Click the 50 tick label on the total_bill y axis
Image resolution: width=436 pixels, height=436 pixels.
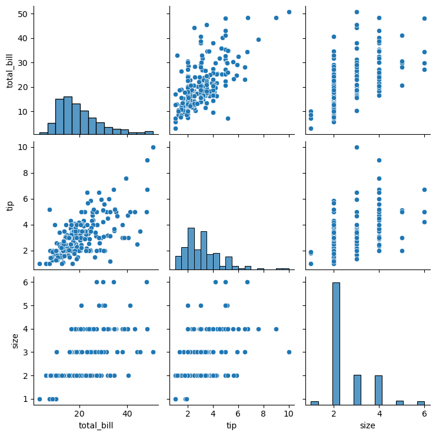pyautogui.click(x=21, y=14)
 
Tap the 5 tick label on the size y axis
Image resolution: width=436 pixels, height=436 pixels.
pyautogui.click(x=24, y=306)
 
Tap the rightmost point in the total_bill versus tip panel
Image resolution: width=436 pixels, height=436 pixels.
pyautogui.click(x=289, y=12)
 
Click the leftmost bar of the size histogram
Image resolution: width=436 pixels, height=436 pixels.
pyautogui.click(x=315, y=403)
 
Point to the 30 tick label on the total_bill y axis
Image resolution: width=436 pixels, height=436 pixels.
pyautogui.click(x=21, y=62)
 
